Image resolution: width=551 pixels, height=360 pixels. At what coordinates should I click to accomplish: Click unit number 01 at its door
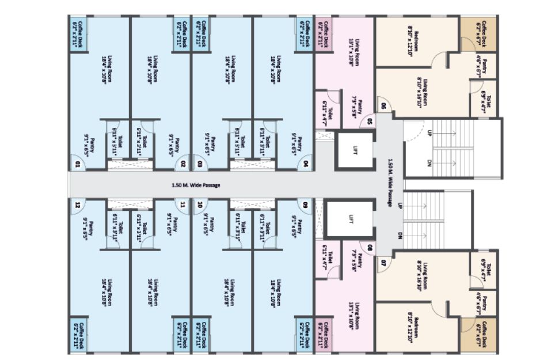tap(77, 164)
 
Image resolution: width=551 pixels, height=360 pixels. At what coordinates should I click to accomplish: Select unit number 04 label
tap(303, 164)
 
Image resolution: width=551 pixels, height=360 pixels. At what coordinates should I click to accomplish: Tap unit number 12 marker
tap(77, 204)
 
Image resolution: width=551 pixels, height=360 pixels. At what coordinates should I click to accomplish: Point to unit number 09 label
tap(303, 204)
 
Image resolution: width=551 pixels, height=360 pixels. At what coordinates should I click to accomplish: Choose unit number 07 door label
tap(382, 263)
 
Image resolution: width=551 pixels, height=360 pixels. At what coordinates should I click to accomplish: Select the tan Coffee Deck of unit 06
tap(480, 35)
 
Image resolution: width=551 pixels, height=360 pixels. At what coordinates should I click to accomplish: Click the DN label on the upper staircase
tap(429, 164)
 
